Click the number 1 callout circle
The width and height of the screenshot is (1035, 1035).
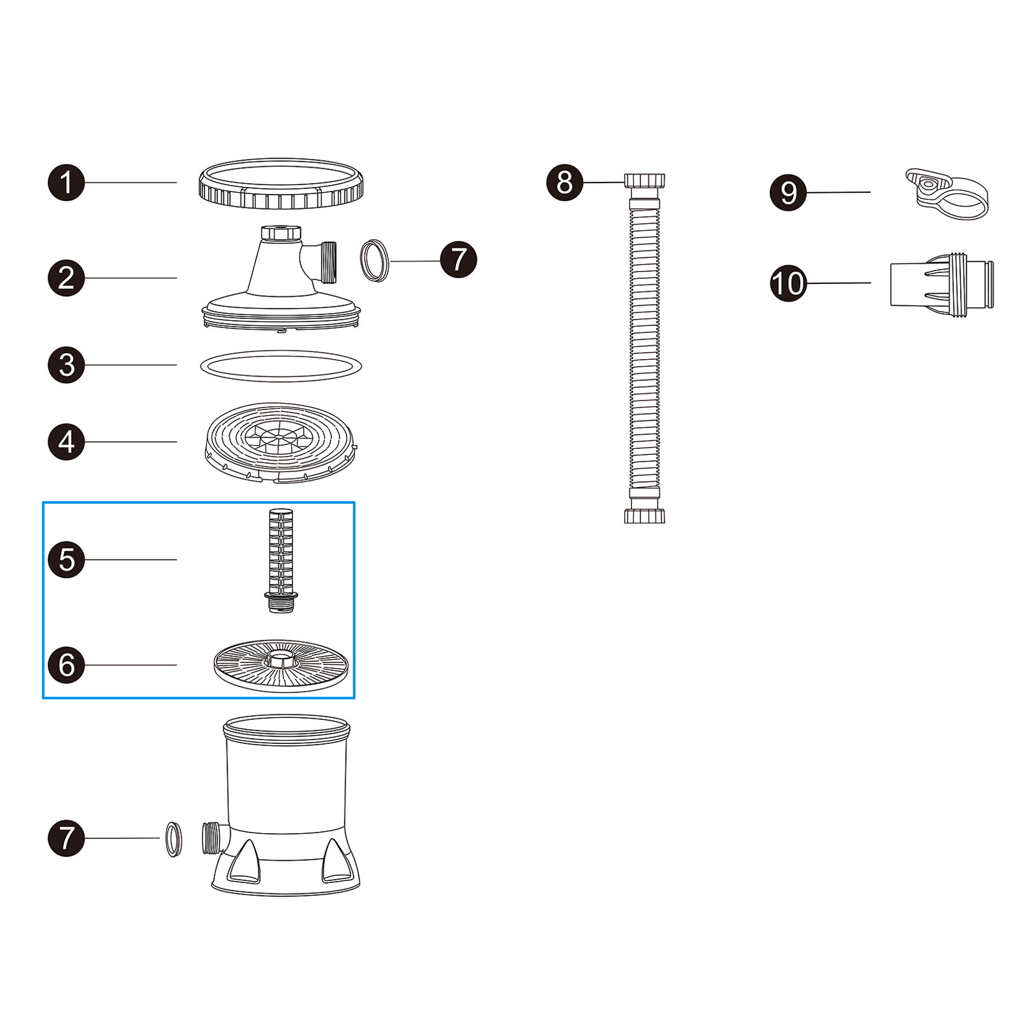click(67, 182)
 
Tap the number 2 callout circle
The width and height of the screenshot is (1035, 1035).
click(67, 278)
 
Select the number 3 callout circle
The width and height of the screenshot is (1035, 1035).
click(67, 365)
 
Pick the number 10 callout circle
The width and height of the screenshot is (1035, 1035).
click(788, 283)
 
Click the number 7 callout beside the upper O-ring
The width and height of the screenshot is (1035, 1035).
click(458, 260)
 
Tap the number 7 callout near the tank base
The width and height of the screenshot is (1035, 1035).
click(67, 838)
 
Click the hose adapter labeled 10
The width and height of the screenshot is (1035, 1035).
click(942, 283)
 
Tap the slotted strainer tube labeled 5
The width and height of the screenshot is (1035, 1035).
click(281, 556)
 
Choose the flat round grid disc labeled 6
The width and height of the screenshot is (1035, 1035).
click(281, 666)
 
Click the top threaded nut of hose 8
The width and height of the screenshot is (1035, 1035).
click(644, 180)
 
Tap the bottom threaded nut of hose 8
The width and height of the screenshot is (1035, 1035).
click(644, 516)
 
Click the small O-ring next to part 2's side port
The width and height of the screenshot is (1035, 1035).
click(375, 261)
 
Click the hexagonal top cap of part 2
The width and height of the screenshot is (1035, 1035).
click(281, 232)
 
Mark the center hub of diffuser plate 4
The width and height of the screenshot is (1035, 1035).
click(278, 438)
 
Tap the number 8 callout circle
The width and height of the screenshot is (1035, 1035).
click(565, 182)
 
